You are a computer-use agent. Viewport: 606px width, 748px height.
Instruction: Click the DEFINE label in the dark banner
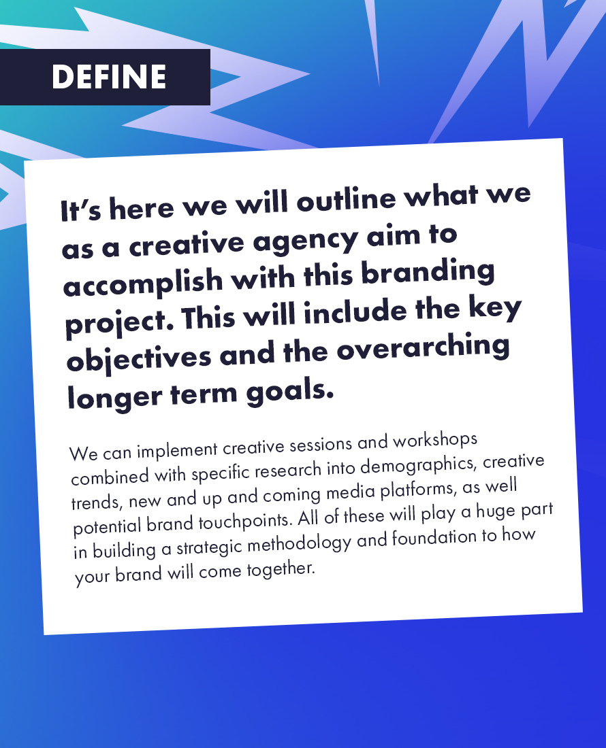[x=109, y=77]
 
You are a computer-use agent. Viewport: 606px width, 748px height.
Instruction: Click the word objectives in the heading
[x=136, y=358]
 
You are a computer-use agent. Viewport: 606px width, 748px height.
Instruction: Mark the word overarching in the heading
[x=423, y=347]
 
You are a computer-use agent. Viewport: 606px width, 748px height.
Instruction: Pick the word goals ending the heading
[x=291, y=392]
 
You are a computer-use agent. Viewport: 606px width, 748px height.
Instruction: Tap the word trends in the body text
[x=97, y=501]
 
